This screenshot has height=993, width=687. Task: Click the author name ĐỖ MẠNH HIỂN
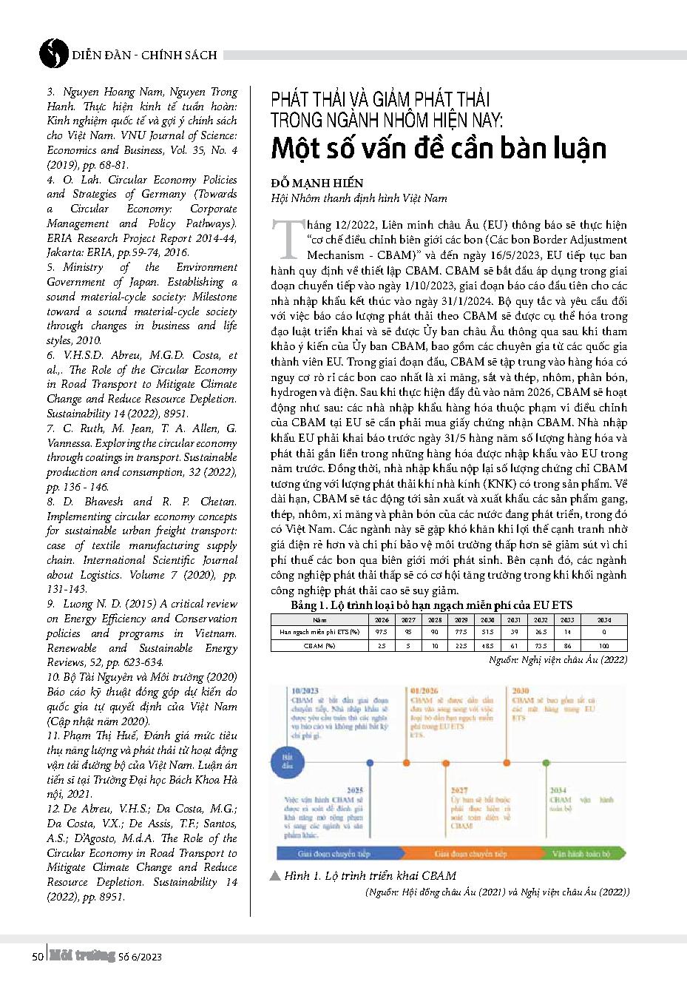tap(317, 183)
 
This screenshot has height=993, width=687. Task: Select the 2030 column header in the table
tap(487, 620)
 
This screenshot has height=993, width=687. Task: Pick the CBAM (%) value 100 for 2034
tap(603, 645)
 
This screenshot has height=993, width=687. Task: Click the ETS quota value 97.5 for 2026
tap(381, 633)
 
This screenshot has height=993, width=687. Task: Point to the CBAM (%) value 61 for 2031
tap(514, 645)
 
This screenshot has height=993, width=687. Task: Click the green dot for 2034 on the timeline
tap(546, 761)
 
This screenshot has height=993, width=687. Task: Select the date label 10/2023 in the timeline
tap(305, 691)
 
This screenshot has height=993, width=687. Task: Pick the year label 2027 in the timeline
tap(459, 790)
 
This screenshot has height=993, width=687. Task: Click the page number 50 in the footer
tap(38, 957)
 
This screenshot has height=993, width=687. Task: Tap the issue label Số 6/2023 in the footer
tap(140, 957)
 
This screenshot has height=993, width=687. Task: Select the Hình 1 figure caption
tap(370, 875)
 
